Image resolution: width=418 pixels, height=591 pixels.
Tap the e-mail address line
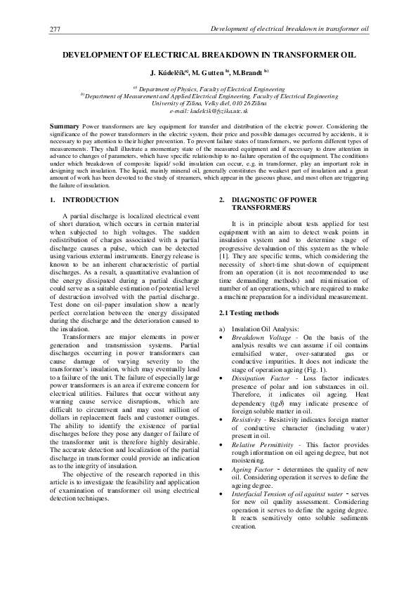[x=209, y=110]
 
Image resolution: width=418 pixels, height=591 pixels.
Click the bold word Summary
[x=65, y=126]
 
